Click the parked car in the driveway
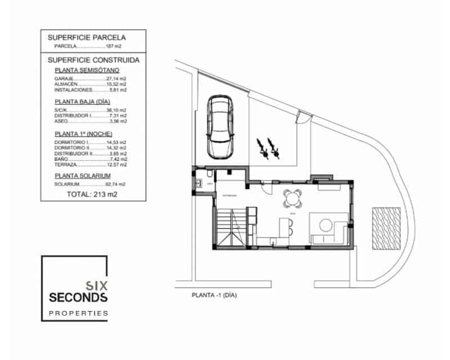click(x=219, y=127)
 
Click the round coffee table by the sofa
click(x=326, y=225)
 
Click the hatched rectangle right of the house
click(x=386, y=229)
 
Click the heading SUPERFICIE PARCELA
click(x=86, y=38)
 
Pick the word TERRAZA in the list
click(x=65, y=165)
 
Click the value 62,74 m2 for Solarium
click(x=116, y=184)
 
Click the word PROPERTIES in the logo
click(x=78, y=313)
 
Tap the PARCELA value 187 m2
click(x=114, y=47)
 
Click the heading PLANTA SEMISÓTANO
click(x=87, y=70)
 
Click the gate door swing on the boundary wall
click(x=304, y=118)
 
